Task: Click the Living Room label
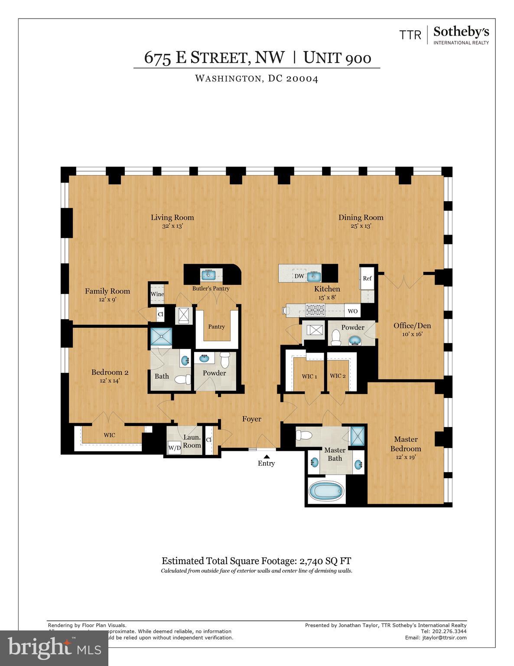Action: (172, 217)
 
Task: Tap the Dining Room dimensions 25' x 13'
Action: (361, 226)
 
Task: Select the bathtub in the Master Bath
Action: (327, 491)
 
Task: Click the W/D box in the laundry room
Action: (174, 448)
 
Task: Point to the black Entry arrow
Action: (267, 456)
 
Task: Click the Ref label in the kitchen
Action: (367, 278)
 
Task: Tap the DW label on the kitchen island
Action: (299, 276)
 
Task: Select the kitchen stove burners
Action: (316, 310)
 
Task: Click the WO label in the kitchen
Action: (353, 311)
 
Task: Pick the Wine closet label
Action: (157, 294)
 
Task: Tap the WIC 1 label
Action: (309, 376)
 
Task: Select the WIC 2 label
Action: (338, 376)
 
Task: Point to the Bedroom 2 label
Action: (110, 372)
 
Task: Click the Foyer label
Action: (251, 419)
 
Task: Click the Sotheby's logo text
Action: (461, 32)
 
